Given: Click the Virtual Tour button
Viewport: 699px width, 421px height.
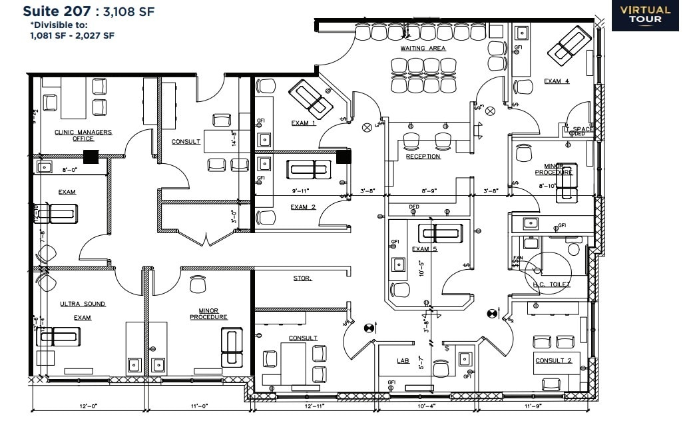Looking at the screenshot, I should coord(645,15).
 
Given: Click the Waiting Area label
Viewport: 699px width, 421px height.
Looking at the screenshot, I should coord(423,49).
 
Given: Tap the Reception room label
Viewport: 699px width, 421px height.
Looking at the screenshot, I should coord(423,157).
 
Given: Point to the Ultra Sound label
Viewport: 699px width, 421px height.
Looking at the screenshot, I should coord(83,304).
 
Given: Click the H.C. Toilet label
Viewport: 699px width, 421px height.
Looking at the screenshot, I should coord(552,284).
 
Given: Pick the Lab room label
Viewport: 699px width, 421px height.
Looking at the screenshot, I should coord(403,360).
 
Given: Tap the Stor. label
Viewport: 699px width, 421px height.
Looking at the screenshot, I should coord(302,278).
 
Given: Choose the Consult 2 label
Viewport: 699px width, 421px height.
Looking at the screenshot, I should coord(553,360).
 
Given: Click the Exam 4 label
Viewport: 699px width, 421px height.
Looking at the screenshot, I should coord(557,81).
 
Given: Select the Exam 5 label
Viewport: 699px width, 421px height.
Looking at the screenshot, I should coord(421,249).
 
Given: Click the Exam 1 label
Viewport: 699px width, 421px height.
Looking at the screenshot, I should coord(304,123).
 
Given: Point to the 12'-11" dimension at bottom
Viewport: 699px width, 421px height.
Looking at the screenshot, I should coord(314,406).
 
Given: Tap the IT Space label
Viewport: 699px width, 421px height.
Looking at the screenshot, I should coord(579,129).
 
